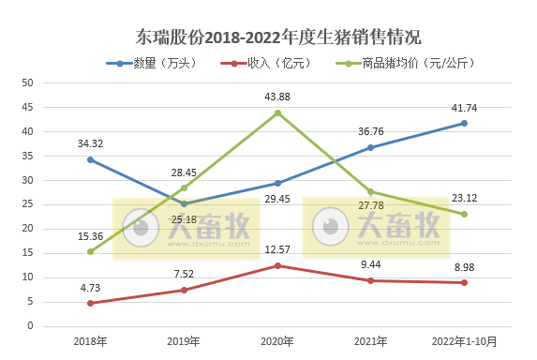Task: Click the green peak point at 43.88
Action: point(277,112)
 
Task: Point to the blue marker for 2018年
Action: point(90,159)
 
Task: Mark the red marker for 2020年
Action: point(277,265)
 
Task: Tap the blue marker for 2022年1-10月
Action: point(465,123)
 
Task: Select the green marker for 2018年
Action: point(90,251)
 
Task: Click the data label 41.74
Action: point(465,108)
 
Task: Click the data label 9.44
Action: point(371,265)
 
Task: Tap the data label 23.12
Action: point(465,199)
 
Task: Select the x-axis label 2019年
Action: point(184,341)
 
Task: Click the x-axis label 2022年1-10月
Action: point(465,341)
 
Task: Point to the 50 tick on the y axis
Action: point(27,82)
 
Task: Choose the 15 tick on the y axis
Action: point(27,253)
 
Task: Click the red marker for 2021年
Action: point(371,280)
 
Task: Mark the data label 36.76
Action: point(371,132)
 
